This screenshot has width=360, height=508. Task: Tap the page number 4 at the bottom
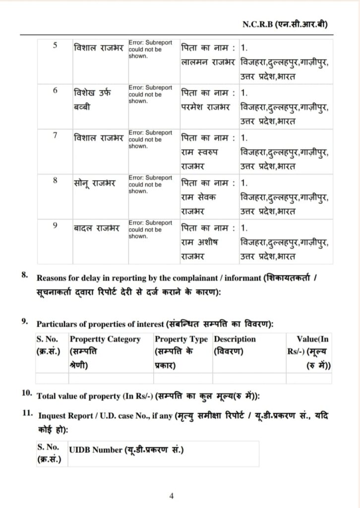[x=171, y=495]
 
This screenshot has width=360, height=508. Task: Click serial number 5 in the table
[x=55, y=46]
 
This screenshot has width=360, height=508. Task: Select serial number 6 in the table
[x=55, y=90]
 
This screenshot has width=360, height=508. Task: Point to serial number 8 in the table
[x=55, y=180]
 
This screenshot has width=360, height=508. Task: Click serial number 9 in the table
[x=55, y=225]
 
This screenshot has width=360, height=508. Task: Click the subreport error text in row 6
[x=150, y=94]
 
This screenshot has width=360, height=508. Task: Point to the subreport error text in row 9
[x=150, y=229]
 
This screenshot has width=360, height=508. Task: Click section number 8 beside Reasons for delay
[x=25, y=274]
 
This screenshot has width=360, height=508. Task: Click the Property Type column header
[x=181, y=339]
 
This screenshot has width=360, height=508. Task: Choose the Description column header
[x=235, y=339]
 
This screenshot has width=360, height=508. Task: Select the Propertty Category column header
[x=105, y=339]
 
